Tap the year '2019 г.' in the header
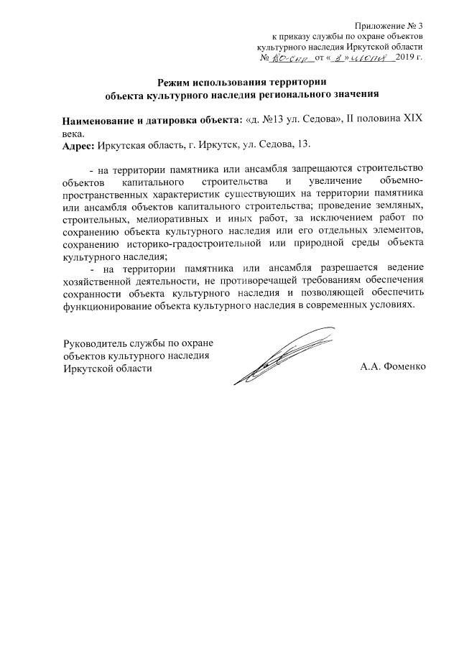coord(409,56)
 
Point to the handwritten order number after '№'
coord(289,56)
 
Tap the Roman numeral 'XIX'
coord(409,120)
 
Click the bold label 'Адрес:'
coord(78,144)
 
